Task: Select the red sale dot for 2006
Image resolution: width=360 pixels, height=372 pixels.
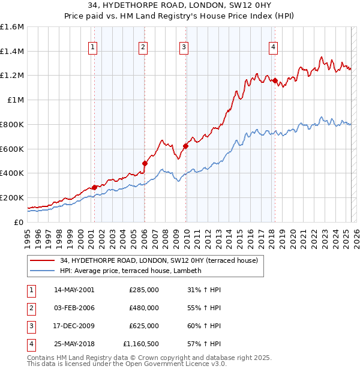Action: (145, 163)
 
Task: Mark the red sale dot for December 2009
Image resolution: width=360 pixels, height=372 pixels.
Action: (185, 145)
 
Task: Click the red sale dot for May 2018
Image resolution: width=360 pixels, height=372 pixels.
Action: (275, 80)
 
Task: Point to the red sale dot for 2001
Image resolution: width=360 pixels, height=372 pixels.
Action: (95, 187)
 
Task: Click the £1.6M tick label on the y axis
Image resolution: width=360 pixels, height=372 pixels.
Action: (12, 27)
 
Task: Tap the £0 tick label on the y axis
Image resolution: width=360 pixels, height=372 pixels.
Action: (19, 222)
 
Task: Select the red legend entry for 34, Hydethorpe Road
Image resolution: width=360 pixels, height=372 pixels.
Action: (158, 260)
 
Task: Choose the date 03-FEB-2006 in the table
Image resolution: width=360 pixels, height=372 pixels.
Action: (74, 308)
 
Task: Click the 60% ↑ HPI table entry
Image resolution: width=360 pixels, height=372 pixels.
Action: (203, 326)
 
